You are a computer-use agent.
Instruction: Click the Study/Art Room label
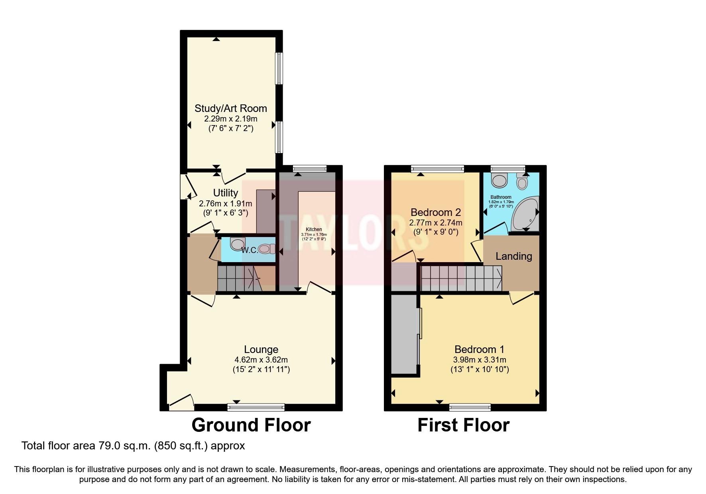[x=230, y=108]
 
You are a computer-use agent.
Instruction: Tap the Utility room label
[x=226, y=193]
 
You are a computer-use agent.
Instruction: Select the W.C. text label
[x=250, y=250]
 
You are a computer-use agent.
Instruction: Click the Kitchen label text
[x=314, y=229]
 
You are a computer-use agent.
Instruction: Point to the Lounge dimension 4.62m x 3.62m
[x=261, y=360]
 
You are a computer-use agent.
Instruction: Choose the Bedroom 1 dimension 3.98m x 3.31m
[x=480, y=360]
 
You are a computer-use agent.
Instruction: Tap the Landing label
[x=513, y=256]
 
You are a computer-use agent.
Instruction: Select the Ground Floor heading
[x=251, y=425]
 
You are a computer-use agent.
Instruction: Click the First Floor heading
[x=463, y=425]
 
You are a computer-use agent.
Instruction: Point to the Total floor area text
[x=133, y=445]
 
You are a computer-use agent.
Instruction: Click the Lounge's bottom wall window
[x=256, y=407]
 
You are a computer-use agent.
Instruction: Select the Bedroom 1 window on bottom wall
[x=470, y=407]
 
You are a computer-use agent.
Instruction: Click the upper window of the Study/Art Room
[x=279, y=69]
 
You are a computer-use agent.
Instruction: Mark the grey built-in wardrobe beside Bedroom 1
[x=404, y=335]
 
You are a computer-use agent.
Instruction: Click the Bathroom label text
[x=501, y=197]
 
